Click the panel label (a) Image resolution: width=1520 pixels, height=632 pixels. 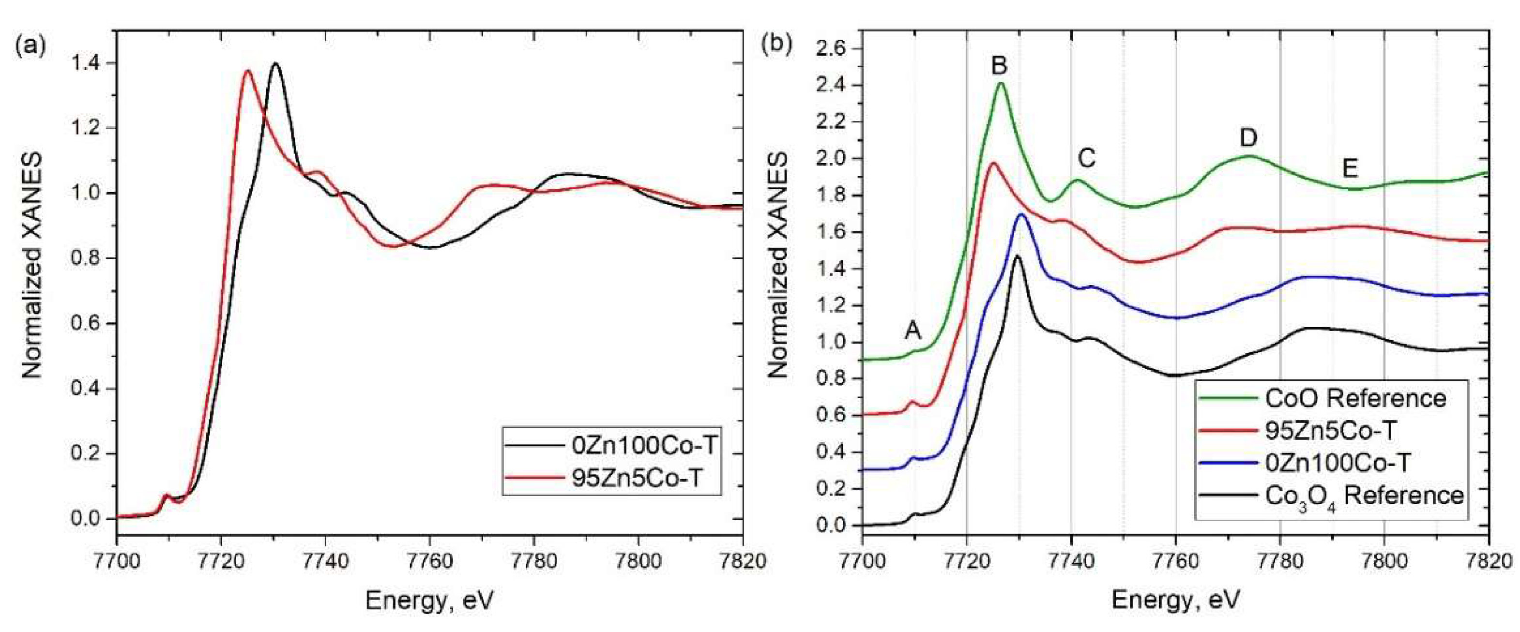pos(30,45)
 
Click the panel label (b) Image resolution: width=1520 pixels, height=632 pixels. pos(778,45)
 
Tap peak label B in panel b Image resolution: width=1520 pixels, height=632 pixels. pos(999,65)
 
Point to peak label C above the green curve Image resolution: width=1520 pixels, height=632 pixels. pos(1086,158)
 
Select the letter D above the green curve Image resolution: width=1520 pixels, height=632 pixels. pos(1248,137)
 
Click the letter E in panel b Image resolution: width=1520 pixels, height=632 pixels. pos(1350,169)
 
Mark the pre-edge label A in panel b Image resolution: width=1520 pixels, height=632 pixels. pos(913,331)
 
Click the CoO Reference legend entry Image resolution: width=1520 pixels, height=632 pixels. pos(1355,398)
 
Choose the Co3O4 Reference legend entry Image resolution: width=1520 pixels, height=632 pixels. pos(1363,495)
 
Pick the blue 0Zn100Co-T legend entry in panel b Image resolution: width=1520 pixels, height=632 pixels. pos(1337,463)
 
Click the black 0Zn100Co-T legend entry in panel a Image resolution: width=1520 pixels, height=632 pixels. pos(644,445)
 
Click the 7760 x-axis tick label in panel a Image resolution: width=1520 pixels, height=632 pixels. pos(430,560)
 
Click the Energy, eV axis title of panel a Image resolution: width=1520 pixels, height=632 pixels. pos(429,601)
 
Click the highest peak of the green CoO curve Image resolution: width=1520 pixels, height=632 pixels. pos(1001,83)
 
